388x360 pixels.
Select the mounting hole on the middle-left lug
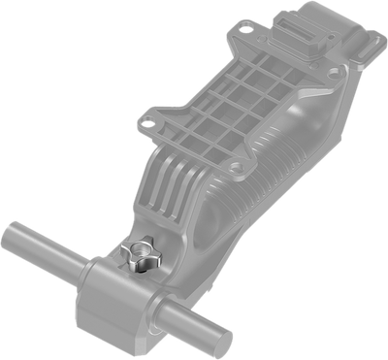coord(147,123)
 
